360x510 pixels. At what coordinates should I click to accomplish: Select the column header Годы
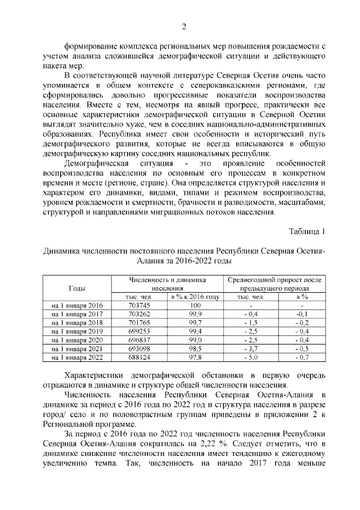(77, 288)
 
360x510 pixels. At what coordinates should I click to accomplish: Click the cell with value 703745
(139, 305)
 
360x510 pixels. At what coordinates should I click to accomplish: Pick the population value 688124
(139, 357)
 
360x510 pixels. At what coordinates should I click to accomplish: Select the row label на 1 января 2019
(77, 331)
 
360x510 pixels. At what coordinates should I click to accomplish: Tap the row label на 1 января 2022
(77, 357)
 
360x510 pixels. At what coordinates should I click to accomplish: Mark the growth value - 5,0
(251, 357)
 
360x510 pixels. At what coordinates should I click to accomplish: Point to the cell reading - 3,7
(251, 348)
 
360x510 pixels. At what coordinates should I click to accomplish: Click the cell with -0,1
(302, 314)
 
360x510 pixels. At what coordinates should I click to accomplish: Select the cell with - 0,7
(302, 357)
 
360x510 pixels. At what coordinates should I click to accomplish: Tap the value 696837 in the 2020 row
(139, 339)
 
